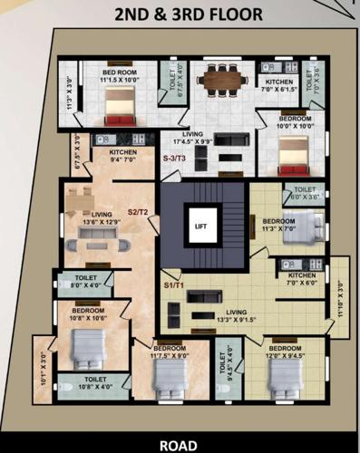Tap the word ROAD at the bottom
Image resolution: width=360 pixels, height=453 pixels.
(x=179, y=445)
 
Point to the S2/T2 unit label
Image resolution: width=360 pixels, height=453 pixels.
(x=138, y=211)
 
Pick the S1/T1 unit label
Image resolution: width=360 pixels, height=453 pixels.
(x=174, y=284)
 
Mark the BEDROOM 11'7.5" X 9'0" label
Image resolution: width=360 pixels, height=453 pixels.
(x=170, y=352)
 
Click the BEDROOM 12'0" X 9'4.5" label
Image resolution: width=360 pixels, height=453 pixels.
(x=284, y=352)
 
